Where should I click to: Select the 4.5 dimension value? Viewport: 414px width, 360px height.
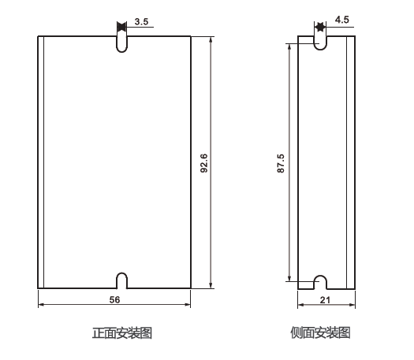pos(341,18)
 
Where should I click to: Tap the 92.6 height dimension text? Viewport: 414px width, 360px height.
pos(203,162)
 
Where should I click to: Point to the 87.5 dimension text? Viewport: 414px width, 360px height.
pos(281,163)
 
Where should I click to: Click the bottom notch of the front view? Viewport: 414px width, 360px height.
pos(121,280)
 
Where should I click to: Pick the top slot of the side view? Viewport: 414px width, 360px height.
pos(320,41)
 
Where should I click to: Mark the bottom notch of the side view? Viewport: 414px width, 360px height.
pos(320,282)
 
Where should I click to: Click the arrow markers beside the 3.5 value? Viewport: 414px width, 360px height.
pos(121,27)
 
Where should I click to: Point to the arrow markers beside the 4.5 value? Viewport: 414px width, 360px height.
pos(320,27)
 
